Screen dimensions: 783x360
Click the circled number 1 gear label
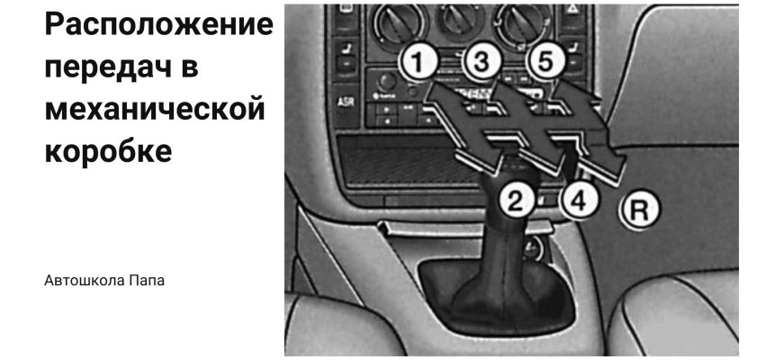pyautogui.click(x=418, y=62)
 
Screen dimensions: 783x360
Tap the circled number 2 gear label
pyautogui.click(x=516, y=201)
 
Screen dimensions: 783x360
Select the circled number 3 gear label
pyautogui.click(x=481, y=62)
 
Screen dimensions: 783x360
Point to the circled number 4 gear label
pyautogui.click(x=579, y=202)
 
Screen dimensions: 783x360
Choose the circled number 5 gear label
pyautogui.click(x=545, y=62)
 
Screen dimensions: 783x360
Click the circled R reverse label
pyautogui.click(x=640, y=211)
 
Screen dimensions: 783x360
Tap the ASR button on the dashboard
pyautogui.click(x=345, y=102)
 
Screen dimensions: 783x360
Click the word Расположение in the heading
pyautogui.click(x=159, y=25)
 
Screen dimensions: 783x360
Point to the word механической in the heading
pyautogui.click(x=155, y=109)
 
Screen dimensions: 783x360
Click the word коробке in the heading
pyautogui.click(x=108, y=151)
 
